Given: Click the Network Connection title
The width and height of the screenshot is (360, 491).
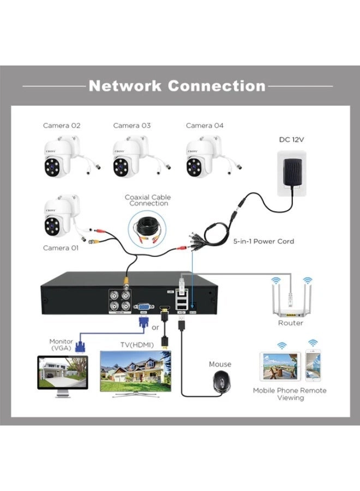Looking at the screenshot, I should (177, 86).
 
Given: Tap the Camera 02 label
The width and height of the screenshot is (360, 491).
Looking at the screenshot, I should (62, 125).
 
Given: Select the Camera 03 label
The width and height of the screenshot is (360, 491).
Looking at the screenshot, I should (131, 125).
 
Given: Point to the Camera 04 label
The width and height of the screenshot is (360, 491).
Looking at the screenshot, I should (205, 125).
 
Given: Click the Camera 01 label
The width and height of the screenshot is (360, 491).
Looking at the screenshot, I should (61, 248).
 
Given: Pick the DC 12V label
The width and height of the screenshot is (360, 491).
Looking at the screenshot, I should (291, 140).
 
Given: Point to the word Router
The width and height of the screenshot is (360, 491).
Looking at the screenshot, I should (290, 323).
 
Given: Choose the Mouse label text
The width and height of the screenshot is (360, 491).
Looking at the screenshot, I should (220, 364).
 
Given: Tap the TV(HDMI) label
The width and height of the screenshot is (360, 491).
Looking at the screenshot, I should (136, 345).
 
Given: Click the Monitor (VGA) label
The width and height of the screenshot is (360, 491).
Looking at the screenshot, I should (61, 345).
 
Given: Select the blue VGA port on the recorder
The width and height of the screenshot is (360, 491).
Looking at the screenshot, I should (145, 308).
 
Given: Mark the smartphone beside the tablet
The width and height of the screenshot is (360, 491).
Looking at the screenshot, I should (313, 366).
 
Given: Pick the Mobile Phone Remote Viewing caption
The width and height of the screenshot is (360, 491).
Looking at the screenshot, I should (290, 394).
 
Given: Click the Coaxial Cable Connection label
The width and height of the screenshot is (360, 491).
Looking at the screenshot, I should (147, 200).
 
